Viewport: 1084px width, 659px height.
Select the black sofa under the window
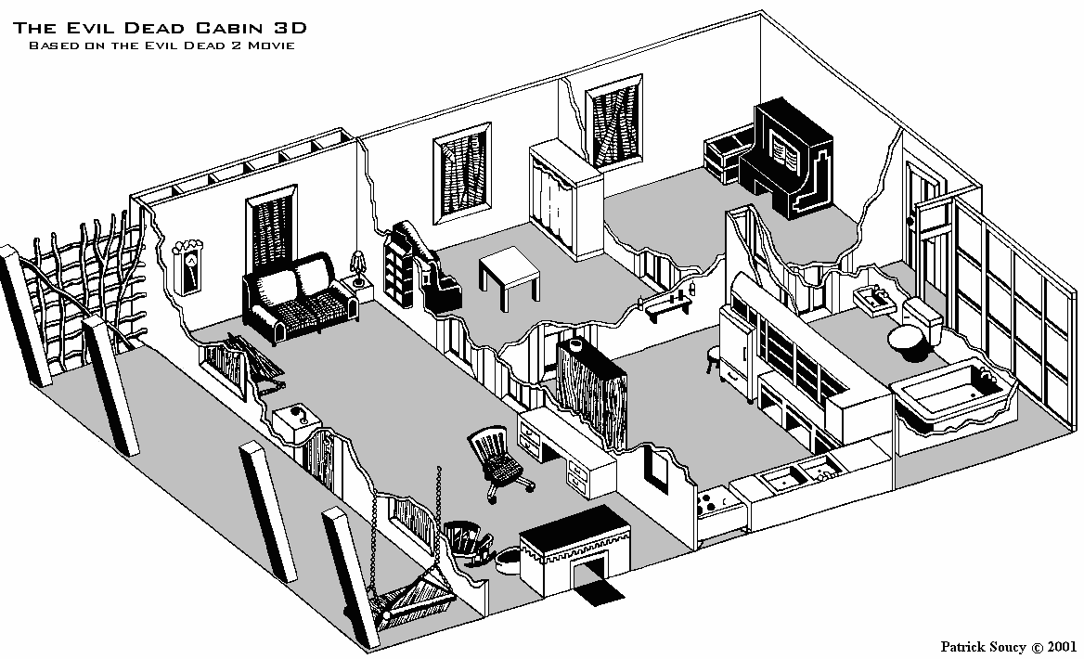[300, 297]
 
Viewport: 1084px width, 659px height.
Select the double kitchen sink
[802, 476]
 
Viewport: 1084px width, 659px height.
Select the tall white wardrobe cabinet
[565, 200]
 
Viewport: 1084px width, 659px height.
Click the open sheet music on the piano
[786, 153]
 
